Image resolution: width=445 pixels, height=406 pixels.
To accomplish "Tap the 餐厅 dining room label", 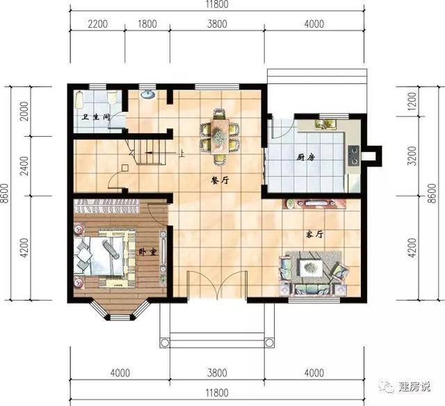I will [220, 178].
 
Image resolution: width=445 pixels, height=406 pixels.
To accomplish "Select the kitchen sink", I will [326, 124].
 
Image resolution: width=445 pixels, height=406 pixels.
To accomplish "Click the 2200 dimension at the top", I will [98, 24].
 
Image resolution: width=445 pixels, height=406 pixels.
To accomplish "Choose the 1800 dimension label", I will [147, 24].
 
